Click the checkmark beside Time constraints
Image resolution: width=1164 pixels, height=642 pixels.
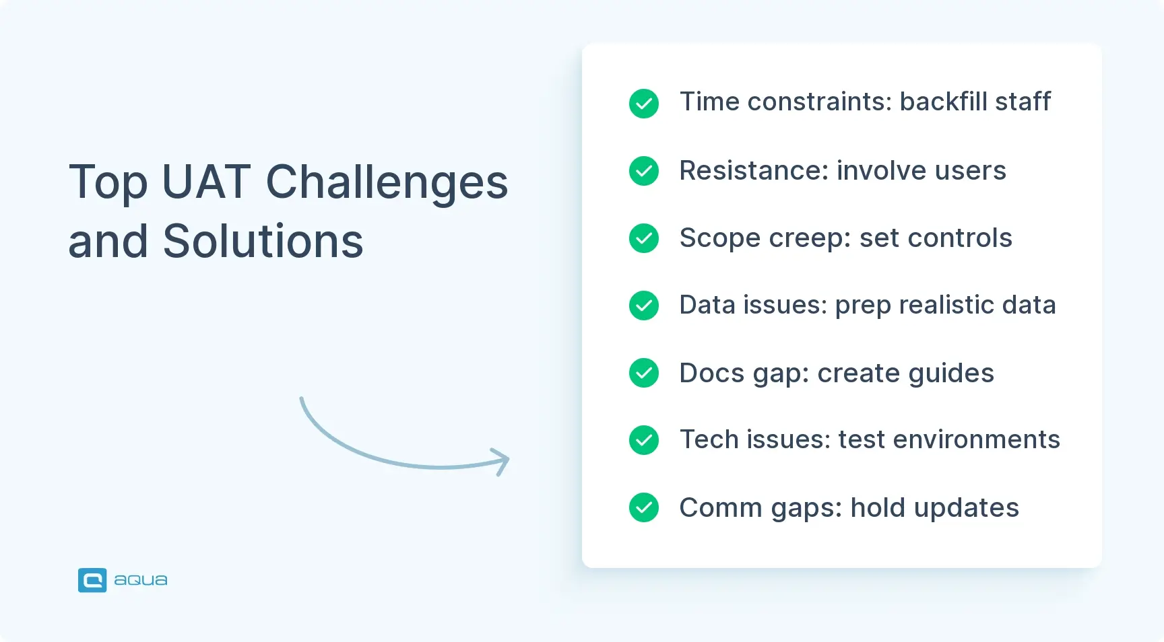click(644, 104)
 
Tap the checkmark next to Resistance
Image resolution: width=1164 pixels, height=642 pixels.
click(644, 171)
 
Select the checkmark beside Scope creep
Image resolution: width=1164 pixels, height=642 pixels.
click(644, 238)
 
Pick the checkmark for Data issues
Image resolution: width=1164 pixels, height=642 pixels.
click(644, 306)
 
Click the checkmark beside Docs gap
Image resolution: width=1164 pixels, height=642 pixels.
click(644, 373)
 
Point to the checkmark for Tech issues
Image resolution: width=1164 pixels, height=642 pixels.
click(644, 440)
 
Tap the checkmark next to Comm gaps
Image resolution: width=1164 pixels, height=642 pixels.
click(644, 507)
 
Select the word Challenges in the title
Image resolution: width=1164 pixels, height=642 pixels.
click(387, 183)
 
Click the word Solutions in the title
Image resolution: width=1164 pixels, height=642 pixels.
click(263, 241)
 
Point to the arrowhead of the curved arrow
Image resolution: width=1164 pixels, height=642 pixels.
click(501, 461)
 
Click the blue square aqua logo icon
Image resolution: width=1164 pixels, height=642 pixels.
click(92, 580)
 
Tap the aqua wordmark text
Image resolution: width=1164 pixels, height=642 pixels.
click(140, 580)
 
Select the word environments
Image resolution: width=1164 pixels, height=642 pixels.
click(976, 439)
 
